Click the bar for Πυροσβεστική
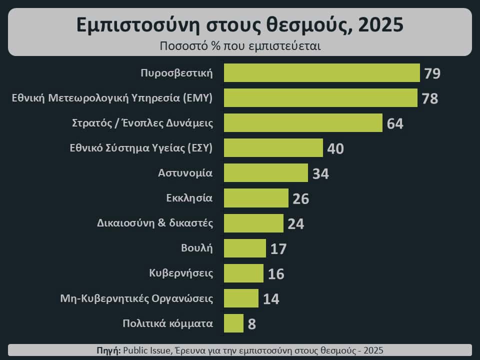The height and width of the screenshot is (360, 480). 321,73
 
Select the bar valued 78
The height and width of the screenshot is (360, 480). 320,98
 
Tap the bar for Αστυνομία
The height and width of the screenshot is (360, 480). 265,173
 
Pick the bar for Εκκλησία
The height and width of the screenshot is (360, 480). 256,198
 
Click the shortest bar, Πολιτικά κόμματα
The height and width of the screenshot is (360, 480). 233,323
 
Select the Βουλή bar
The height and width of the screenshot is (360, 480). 245,248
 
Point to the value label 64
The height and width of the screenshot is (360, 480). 395,123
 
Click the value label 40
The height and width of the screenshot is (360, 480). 335,149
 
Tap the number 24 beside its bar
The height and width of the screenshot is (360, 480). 295,224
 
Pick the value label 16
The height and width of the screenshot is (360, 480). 276,274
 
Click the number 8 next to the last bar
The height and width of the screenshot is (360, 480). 251,324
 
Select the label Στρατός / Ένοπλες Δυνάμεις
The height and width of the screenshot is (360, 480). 142,123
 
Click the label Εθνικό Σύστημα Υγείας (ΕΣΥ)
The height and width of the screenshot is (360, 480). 141,148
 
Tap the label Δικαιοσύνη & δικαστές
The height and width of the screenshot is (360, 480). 155,223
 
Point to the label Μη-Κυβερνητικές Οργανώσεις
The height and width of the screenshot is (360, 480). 136,298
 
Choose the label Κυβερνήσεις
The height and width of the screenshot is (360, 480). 181,273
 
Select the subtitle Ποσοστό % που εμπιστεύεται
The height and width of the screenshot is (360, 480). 240,46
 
